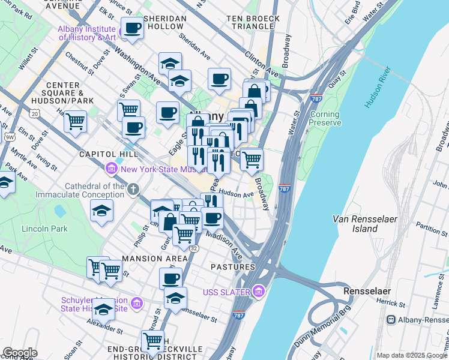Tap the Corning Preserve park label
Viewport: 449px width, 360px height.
324,118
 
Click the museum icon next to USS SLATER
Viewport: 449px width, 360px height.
259,292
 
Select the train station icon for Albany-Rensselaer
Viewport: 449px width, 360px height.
391,320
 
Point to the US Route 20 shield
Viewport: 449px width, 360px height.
34,113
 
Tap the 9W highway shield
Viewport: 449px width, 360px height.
9,137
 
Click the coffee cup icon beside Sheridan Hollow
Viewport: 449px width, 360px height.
132,27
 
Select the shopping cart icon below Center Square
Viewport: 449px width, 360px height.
76,121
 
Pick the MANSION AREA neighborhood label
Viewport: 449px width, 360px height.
154,259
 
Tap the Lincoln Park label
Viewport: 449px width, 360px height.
44,229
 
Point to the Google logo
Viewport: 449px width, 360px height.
20,353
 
